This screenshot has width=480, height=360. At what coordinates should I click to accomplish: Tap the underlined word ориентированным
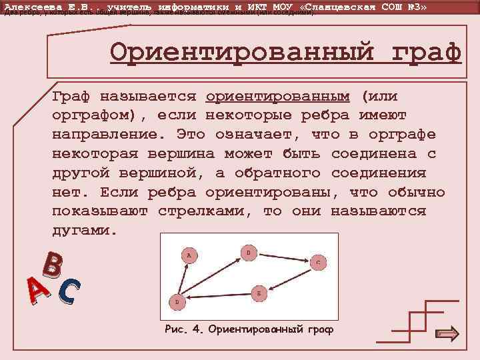tap(278, 96)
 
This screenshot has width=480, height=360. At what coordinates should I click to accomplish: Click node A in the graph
tap(189, 255)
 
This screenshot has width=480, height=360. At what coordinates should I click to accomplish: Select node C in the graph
tap(318, 263)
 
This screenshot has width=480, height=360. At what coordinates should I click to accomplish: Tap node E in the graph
tap(259, 292)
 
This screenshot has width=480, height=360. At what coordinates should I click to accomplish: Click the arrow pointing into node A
tap(183, 273)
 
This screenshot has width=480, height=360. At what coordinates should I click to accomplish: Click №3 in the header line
tap(414, 6)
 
